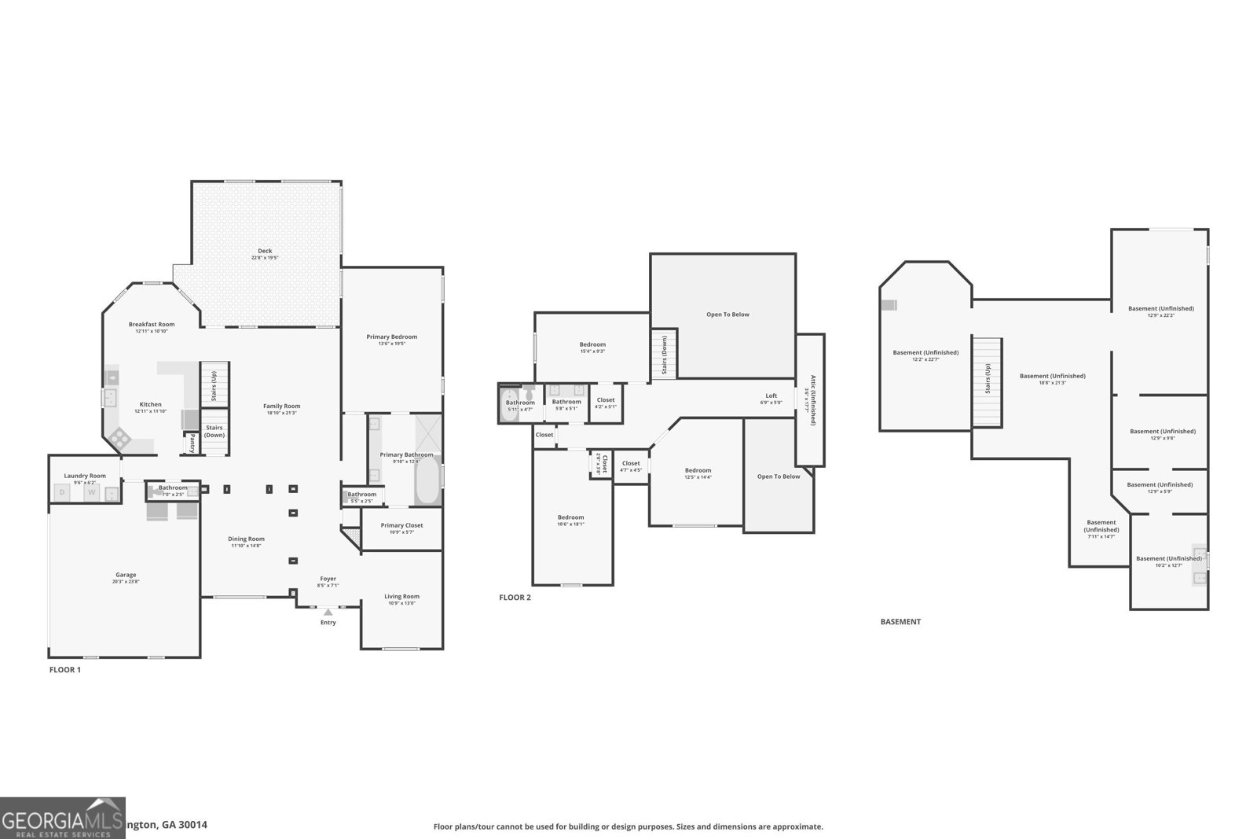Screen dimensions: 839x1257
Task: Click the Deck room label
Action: pos(265,251)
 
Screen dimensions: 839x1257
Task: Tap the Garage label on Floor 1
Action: pos(126,575)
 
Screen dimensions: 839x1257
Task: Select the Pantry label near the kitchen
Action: pos(192,444)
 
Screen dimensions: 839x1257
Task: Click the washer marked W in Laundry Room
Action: pos(91,493)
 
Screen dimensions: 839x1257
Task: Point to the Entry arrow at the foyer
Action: pos(328,612)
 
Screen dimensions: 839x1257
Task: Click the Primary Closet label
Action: pos(402,525)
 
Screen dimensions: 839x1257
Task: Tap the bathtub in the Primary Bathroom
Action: pos(427,481)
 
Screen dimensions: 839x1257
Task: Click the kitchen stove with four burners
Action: pos(120,437)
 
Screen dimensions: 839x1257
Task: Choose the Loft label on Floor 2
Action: pos(771,396)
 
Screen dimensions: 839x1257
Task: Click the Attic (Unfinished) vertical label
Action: pos(812,400)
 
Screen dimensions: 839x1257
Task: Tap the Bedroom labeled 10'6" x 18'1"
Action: pos(571,517)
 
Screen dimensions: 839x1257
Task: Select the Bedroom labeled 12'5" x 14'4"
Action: pos(698,470)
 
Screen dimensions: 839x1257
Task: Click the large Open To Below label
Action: pos(727,315)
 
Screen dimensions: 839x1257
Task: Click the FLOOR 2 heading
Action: pos(515,598)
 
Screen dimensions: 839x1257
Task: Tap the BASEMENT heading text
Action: pos(900,621)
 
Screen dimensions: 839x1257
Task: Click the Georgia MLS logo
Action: pos(62,818)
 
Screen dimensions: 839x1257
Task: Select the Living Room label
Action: pos(401,596)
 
